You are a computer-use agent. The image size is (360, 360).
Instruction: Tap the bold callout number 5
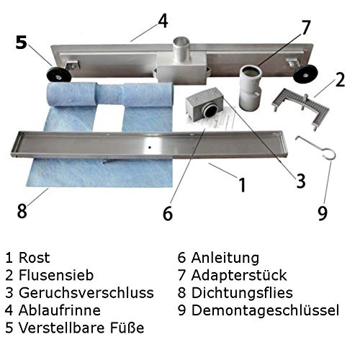[22, 42]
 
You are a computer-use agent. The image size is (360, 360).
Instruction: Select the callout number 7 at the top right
[305, 27]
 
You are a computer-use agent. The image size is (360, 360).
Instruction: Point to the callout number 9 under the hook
[323, 212]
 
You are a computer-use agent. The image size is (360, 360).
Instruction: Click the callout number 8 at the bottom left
[22, 210]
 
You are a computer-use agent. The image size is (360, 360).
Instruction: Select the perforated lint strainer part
[301, 108]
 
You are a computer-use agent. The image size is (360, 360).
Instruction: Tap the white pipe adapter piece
[251, 88]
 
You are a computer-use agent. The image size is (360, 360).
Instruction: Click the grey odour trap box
[204, 103]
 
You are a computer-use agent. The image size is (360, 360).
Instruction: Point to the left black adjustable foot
[58, 76]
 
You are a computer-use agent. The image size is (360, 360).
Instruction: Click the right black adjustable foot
[306, 74]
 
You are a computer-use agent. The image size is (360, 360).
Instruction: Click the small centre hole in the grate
[150, 148]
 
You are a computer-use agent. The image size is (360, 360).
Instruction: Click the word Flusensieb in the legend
[56, 275]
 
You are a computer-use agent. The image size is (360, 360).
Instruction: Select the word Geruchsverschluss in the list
[86, 292]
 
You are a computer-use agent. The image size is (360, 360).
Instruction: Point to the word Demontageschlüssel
[265, 310]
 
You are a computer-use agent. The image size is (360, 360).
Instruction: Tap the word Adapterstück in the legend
[239, 275]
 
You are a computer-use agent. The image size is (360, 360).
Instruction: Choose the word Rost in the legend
[34, 258]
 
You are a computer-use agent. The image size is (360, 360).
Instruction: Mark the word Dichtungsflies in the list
[242, 292]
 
